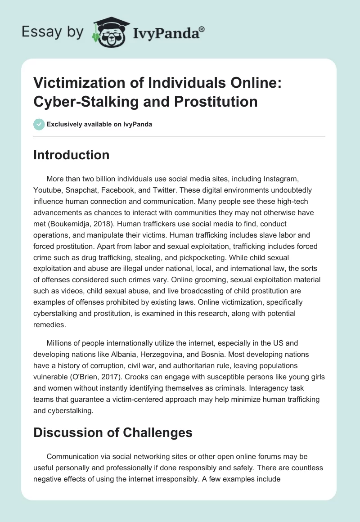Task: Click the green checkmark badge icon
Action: point(39,124)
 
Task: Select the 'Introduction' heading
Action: point(72,155)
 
